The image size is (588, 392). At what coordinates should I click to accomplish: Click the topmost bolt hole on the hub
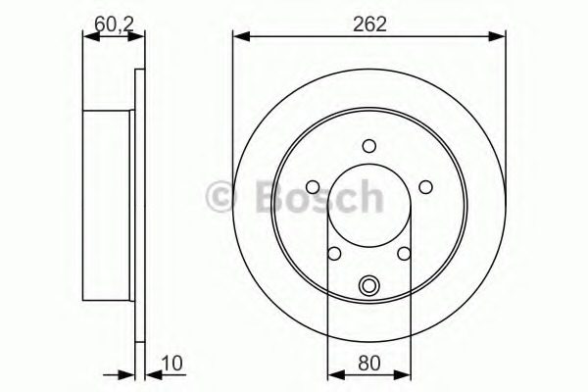369,147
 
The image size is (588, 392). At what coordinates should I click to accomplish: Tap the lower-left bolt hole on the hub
334,254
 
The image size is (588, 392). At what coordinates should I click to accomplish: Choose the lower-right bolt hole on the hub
405,254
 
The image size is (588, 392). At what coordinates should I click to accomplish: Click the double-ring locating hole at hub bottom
369,286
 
